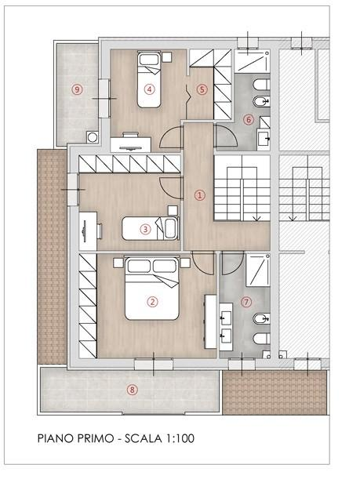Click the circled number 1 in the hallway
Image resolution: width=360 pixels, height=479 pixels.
pyautogui.click(x=200, y=195)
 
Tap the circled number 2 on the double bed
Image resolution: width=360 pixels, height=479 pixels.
pyautogui.click(x=152, y=302)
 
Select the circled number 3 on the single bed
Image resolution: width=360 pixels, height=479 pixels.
pyautogui.click(x=145, y=229)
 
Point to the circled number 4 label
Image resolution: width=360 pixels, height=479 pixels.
pyautogui.click(x=149, y=89)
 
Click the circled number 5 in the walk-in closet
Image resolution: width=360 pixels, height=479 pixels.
pyautogui.click(x=202, y=90)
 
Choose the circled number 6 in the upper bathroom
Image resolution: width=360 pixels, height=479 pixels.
pyautogui.click(x=249, y=120)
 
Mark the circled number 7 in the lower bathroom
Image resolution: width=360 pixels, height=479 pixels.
pyautogui.click(x=246, y=302)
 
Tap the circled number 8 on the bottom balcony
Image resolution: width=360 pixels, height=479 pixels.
pyautogui.click(x=132, y=390)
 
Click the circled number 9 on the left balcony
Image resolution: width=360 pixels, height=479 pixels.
pyautogui.click(x=77, y=89)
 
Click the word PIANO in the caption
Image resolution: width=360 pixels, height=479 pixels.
pyautogui.click(x=56, y=438)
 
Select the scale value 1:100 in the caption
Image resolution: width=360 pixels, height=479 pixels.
pyautogui.click(x=180, y=438)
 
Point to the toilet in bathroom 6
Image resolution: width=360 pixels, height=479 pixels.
pyautogui.click(x=262, y=85)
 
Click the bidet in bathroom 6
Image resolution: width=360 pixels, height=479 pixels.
pyautogui.click(x=262, y=101)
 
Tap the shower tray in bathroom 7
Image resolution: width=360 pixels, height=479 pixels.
pyautogui.click(x=258, y=270)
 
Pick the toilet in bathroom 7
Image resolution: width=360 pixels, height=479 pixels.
pyautogui.click(x=262, y=339)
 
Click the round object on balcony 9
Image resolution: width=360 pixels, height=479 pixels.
pyautogui.click(x=93, y=137)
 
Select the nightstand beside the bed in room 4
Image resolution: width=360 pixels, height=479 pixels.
pyautogui.click(x=166, y=56)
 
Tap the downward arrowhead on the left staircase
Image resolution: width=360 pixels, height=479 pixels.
pyautogui.click(x=256, y=218)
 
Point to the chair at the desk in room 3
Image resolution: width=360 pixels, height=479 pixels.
pyautogui.click(x=100, y=231)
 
